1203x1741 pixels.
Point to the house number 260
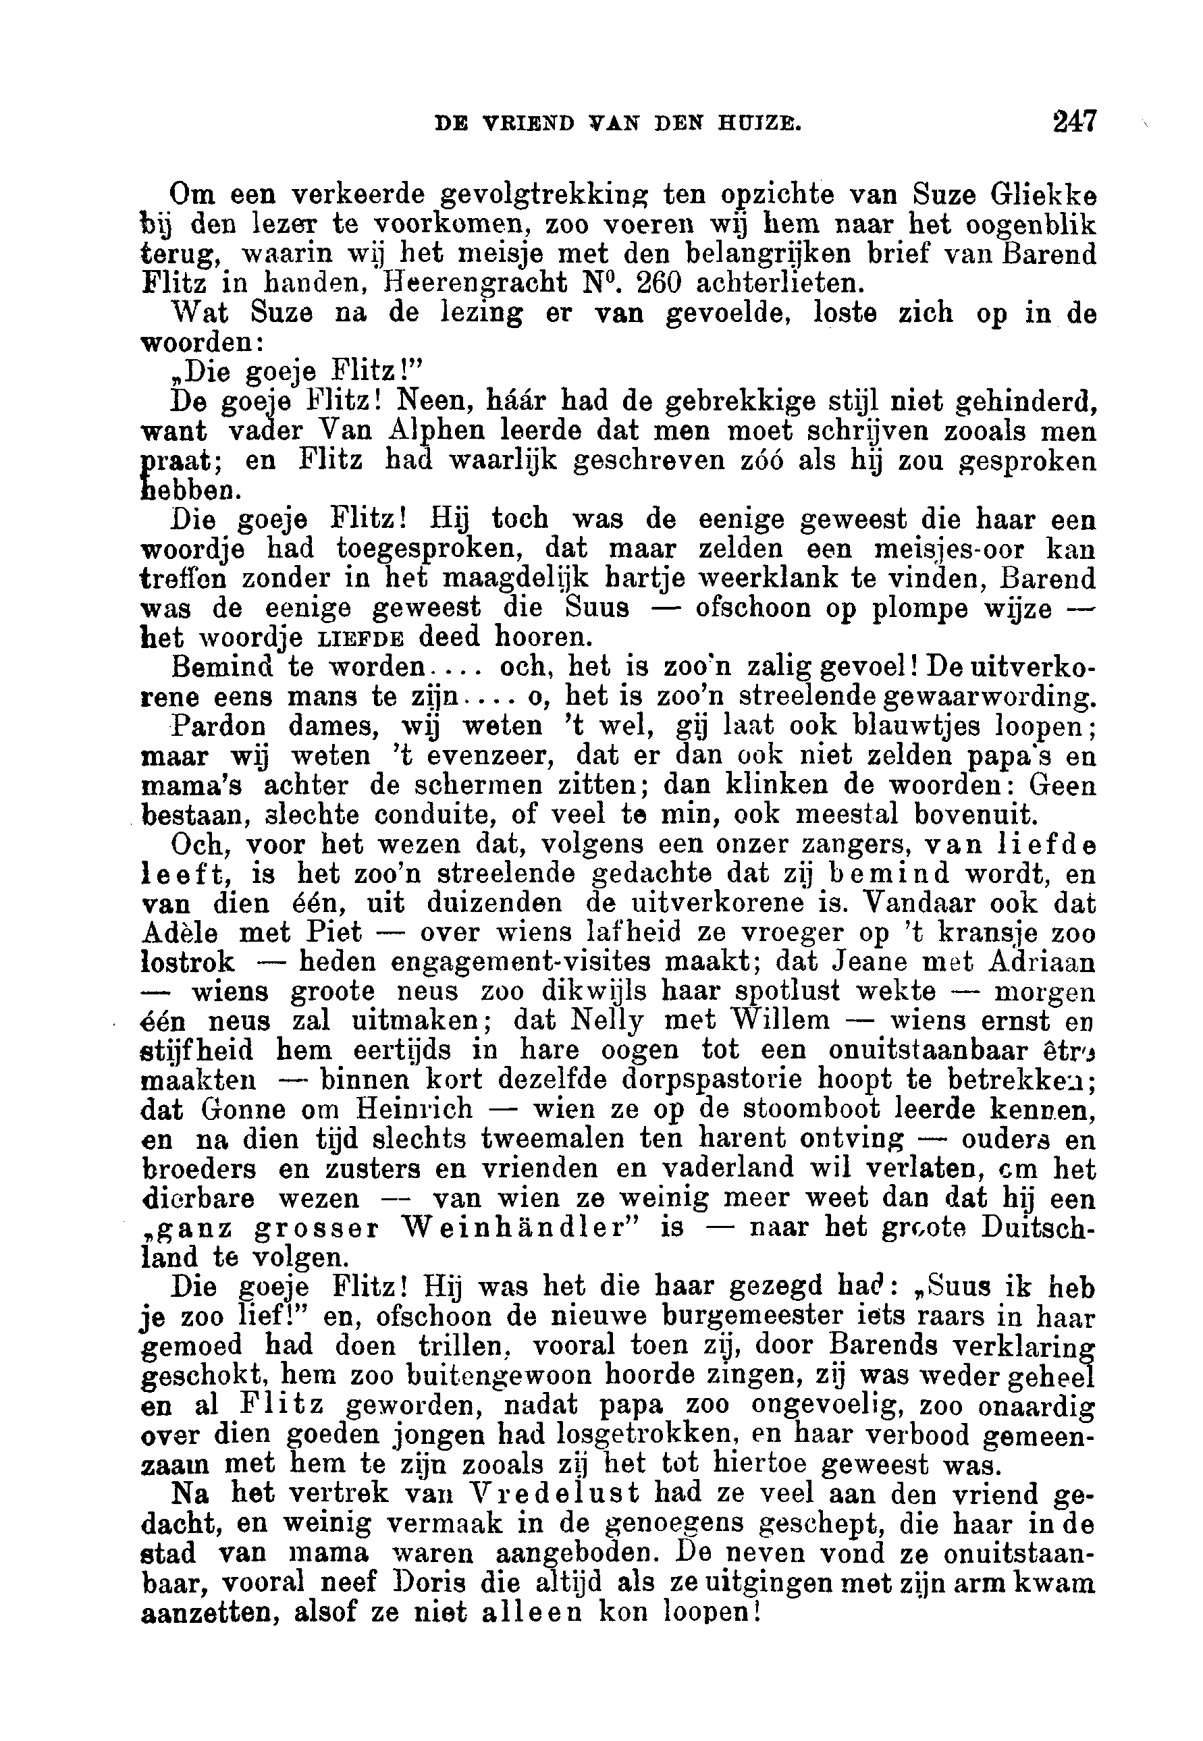click(x=658, y=284)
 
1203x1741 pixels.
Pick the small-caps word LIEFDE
click(x=360, y=639)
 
